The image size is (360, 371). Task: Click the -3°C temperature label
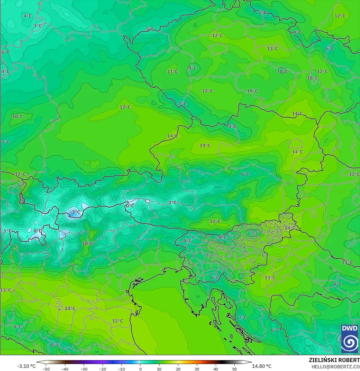(x=75, y=212)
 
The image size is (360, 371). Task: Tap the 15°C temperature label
(x=117, y=321)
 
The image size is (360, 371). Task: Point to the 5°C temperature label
(x=150, y=29)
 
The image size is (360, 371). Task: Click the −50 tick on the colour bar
(x=46, y=369)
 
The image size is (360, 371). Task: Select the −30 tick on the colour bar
(x=84, y=369)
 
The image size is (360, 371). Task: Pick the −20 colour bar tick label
(x=103, y=369)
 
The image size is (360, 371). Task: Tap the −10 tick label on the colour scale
(x=121, y=369)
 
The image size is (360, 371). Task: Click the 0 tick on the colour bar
(x=140, y=369)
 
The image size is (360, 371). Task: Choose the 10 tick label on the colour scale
(x=159, y=369)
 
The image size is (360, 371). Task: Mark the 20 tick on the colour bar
(x=178, y=369)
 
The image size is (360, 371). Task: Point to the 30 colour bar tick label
(x=197, y=369)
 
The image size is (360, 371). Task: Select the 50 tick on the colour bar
(x=235, y=369)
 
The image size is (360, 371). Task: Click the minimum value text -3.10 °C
(x=27, y=366)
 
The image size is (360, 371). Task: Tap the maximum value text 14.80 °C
(x=262, y=366)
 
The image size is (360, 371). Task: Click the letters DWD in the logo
(x=349, y=328)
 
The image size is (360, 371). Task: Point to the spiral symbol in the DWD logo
(x=349, y=342)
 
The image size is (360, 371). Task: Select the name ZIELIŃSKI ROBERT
(x=334, y=360)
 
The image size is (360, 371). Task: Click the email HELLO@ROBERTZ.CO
(x=335, y=367)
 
